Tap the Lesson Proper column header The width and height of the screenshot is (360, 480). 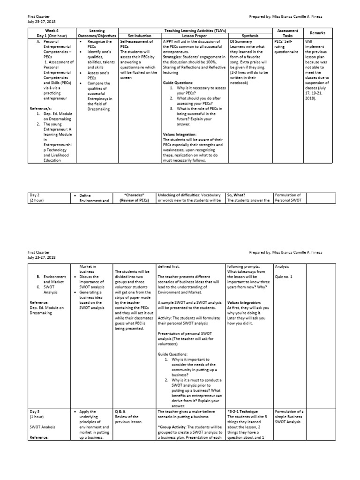tap(195, 36)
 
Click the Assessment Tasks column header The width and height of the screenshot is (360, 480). tap(288, 33)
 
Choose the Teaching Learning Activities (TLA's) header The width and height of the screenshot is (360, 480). tap(195, 30)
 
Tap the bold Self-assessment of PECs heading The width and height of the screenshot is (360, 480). tap(136, 44)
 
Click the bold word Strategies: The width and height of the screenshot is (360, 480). tap(174, 57)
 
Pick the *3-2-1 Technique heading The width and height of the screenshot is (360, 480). tap(246, 412)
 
